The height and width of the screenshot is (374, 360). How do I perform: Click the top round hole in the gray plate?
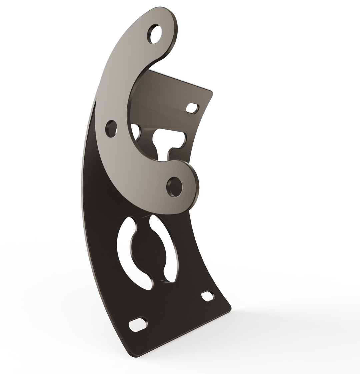(x=154, y=34)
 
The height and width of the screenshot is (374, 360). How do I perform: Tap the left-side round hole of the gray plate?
(x=111, y=128)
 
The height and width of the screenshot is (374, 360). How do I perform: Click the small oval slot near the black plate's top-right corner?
(x=192, y=108)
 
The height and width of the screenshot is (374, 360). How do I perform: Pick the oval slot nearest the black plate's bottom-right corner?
(x=207, y=296)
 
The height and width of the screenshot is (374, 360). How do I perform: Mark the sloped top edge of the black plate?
(x=180, y=80)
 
